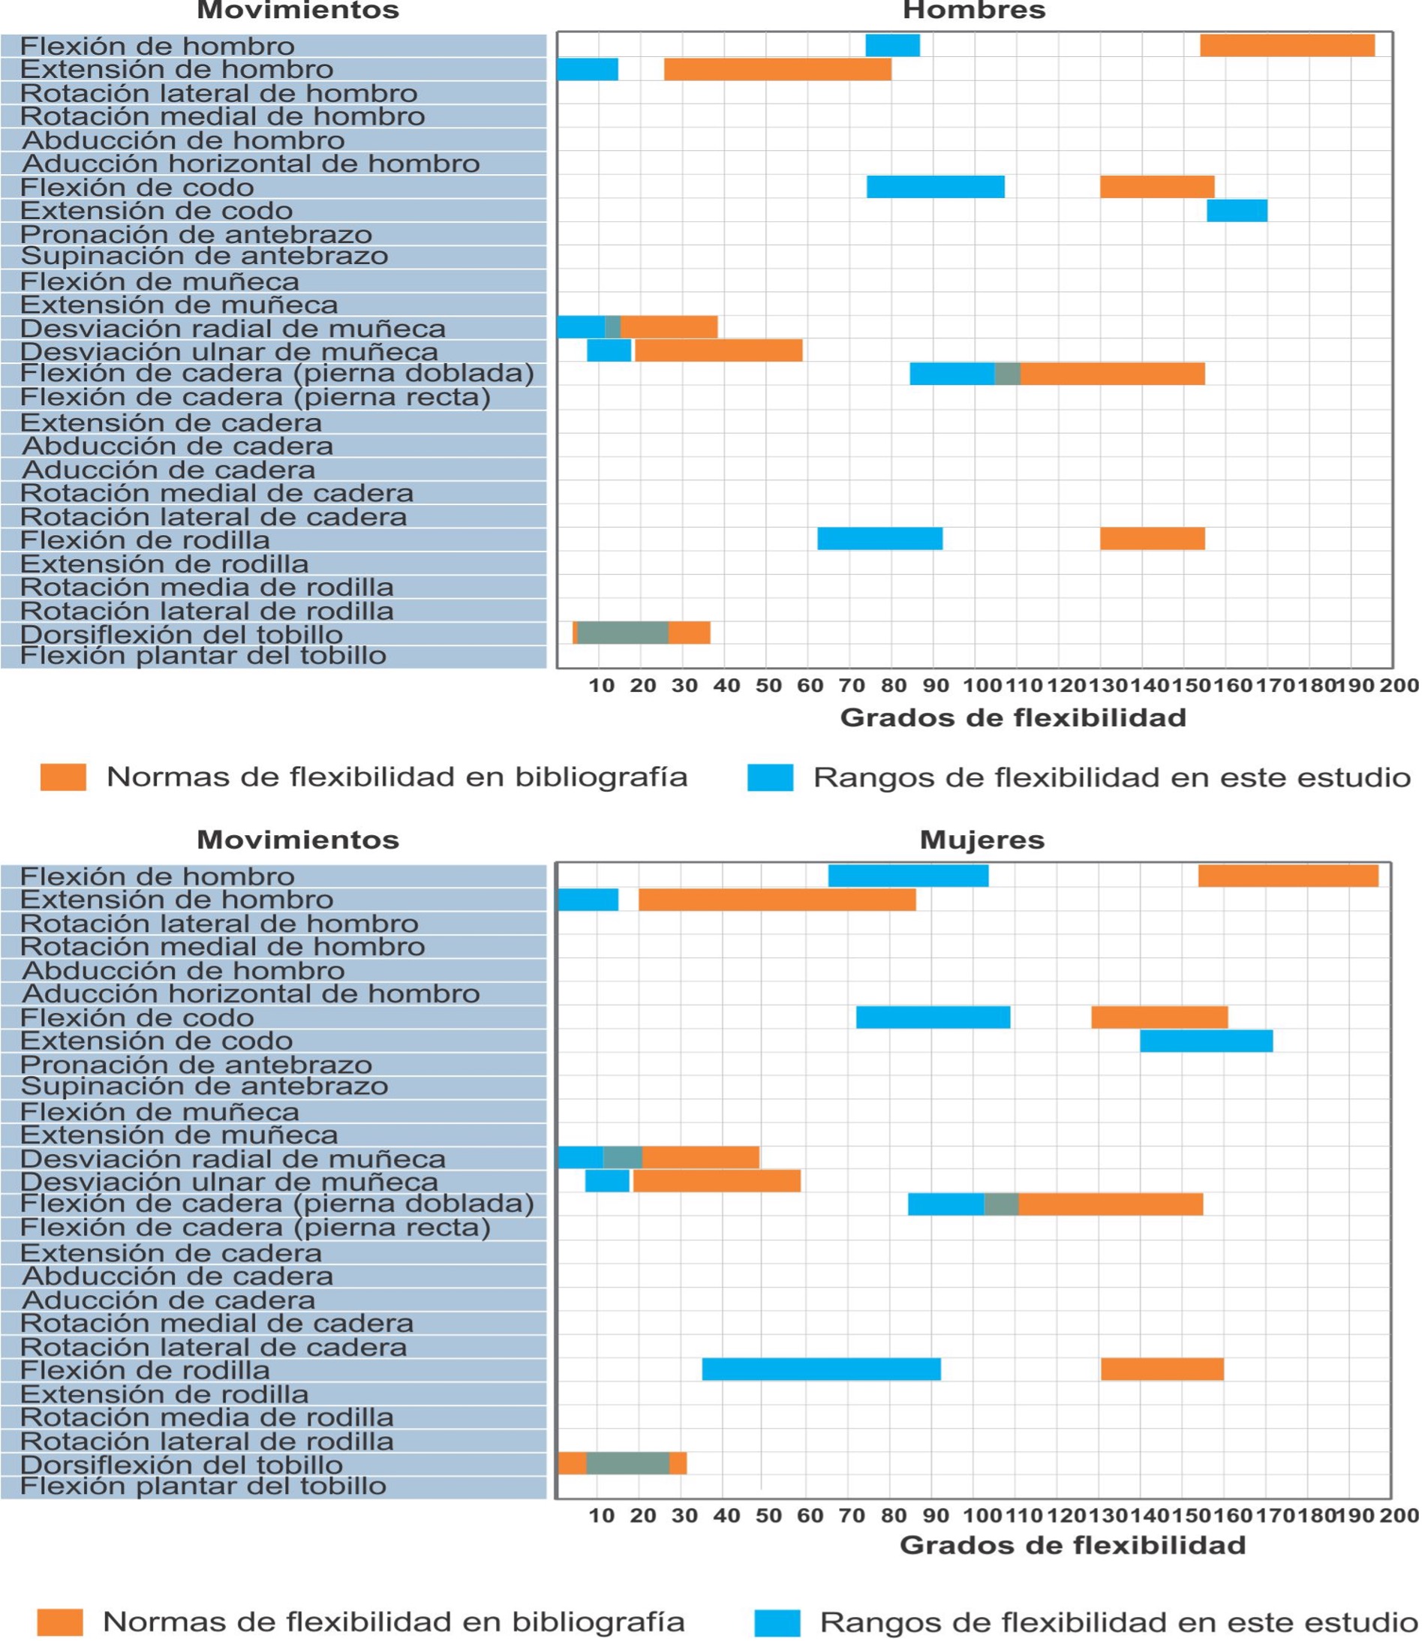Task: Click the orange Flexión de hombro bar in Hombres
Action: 1286,46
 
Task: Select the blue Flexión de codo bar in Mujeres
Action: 933,1017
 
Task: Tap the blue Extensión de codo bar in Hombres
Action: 1237,211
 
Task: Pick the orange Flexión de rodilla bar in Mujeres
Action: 1162,1369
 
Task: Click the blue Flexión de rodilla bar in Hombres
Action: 879,539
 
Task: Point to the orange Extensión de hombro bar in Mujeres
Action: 776,900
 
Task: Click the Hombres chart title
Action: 974,11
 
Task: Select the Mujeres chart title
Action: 982,840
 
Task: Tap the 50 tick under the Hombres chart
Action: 768,686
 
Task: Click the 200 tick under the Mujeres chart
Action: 1398,1516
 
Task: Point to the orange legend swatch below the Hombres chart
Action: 64,777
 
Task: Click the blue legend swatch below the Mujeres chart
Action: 776,1623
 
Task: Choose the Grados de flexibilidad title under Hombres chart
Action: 1012,718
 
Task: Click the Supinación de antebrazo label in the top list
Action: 204,257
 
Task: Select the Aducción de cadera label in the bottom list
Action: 168,1300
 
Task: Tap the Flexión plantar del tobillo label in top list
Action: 203,657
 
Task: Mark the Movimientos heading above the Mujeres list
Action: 298,840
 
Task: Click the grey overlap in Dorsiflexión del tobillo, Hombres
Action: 622,633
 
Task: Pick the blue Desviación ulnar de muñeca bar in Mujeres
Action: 607,1182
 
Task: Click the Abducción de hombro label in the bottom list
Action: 183,970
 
